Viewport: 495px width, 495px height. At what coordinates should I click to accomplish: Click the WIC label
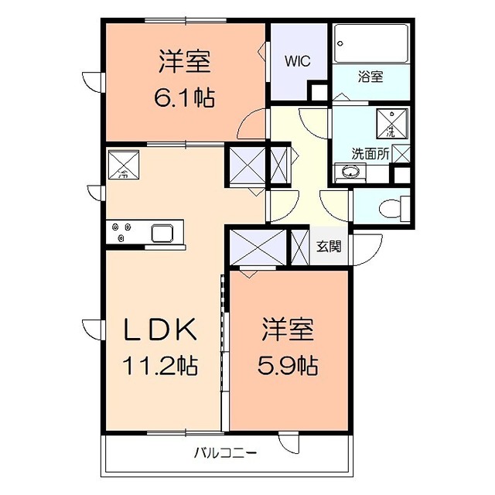pyautogui.click(x=297, y=61)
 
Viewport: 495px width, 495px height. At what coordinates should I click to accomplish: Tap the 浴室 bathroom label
pyautogui.click(x=370, y=77)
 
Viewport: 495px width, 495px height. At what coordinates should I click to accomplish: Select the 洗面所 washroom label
pyautogui.click(x=370, y=154)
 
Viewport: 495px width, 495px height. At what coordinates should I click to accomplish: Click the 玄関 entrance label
pyautogui.click(x=329, y=246)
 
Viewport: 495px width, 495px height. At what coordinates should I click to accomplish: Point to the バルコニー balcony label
pyautogui.click(x=225, y=454)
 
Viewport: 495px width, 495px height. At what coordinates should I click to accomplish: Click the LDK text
pyautogui.click(x=160, y=329)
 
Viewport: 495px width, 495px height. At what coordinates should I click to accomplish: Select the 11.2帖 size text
pyautogui.click(x=160, y=366)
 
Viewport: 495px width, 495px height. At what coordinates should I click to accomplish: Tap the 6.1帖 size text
pyautogui.click(x=185, y=97)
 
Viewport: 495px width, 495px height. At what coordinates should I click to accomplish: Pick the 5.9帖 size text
pyautogui.click(x=288, y=366)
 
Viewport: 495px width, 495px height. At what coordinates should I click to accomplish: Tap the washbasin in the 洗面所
pyautogui.click(x=350, y=172)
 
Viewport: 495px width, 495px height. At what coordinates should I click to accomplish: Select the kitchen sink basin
pyautogui.click(x=162, y=234)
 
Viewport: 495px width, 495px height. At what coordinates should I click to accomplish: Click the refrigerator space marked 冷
pyautogui.click(x=124, y=164)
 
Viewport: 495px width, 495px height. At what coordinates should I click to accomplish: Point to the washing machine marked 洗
pyautogui.click(x=392, y=124)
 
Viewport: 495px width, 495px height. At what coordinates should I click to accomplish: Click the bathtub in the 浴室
pyautogui.click(x=371, y=43)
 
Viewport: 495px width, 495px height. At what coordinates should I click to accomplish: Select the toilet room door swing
pyautogui.click(x=335, y=206)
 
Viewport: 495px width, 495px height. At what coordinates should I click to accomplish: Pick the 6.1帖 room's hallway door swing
pyautogui.click(x=251, y=124)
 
